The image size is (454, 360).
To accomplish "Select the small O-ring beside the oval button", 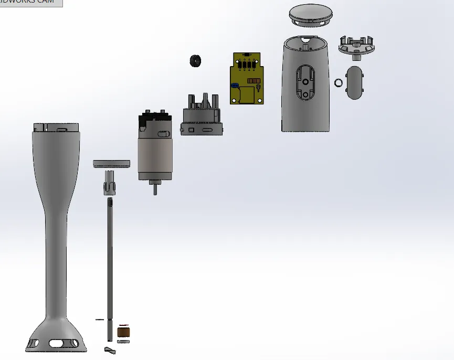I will coord(339,82).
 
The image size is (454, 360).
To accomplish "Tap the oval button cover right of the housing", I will coord(355,82).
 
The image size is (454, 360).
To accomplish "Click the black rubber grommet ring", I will coord(196,60).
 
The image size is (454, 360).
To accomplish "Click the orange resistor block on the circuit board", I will coord(255,82).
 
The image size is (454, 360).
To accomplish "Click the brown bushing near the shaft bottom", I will coord(124,332).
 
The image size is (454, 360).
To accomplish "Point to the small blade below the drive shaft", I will coord(110,350).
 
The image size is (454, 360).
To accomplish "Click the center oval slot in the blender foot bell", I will coord(56,343).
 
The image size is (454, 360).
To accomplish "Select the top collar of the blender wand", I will coord(56,128).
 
